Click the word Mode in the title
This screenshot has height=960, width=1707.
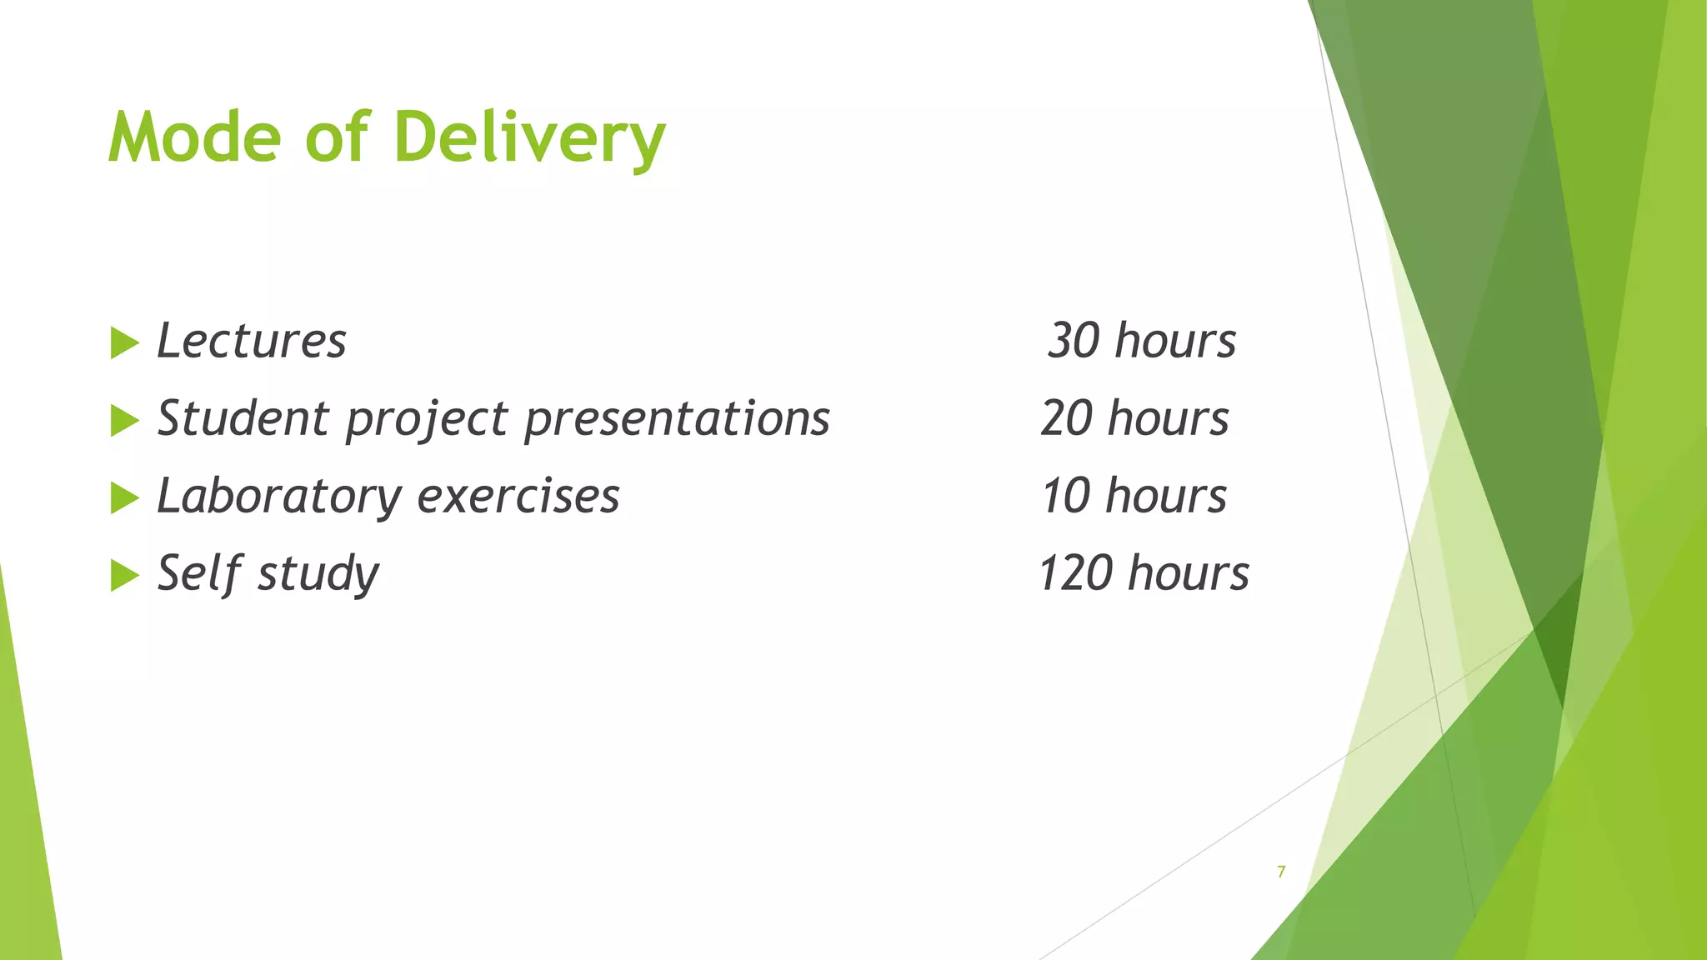[x=194, y=137]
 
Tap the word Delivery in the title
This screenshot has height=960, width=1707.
[x=529, y=138]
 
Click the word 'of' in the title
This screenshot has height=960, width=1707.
[x=337, y=137]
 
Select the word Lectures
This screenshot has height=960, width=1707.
[x=251, y=341]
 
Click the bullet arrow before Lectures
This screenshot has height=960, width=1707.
[x=124, y=342]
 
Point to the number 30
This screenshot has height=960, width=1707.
[x=1074, y=341]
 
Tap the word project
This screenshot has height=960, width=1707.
[x=426, y=419]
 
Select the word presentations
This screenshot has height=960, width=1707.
[x=677, y=418]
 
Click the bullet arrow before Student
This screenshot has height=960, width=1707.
[x=124, y=420]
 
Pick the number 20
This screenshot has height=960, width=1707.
[x=1066, y=418]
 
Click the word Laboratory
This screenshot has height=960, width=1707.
[x=279, y=496]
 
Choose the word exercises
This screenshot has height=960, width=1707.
[x=518, y=496]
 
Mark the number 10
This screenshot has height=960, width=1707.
[x=1065, y=496]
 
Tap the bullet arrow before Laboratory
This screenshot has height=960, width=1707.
[x=124, y=497]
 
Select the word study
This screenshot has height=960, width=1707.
[x=318, y=574]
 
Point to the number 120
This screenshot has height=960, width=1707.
[x=1075, y=573]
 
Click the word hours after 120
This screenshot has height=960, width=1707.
[x=1189, y=573]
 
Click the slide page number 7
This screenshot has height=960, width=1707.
[x=1281, y=872]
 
